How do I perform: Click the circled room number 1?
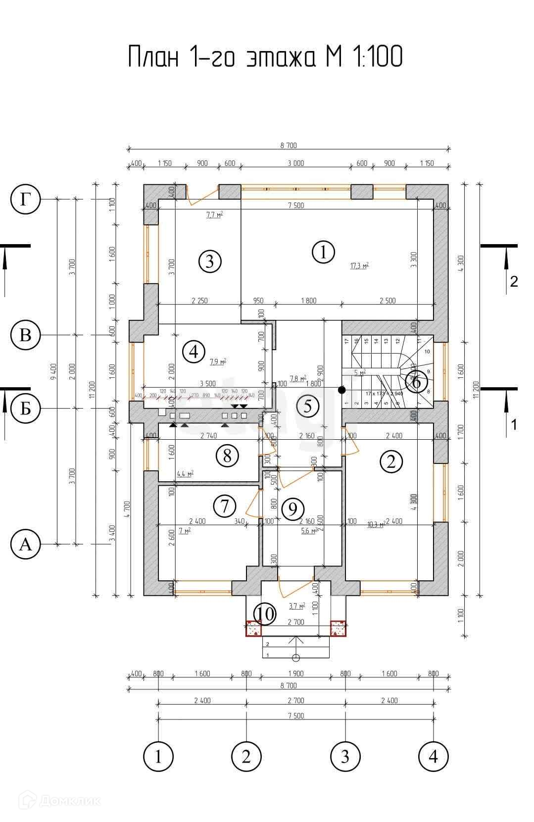323,252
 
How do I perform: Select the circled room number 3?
209,261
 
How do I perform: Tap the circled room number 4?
193,352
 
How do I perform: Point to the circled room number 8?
227,455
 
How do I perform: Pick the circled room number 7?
224,506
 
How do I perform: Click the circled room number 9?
292,509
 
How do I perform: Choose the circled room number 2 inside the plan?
391,462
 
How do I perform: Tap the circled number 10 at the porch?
266,614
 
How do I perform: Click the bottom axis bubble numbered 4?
433,757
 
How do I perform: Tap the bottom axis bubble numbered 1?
158,757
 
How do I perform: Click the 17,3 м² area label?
359,266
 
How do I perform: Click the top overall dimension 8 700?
289,146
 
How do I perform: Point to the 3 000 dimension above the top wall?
296,163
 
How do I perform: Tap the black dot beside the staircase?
341,390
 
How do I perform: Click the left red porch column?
254,629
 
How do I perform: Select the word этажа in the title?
281,56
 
